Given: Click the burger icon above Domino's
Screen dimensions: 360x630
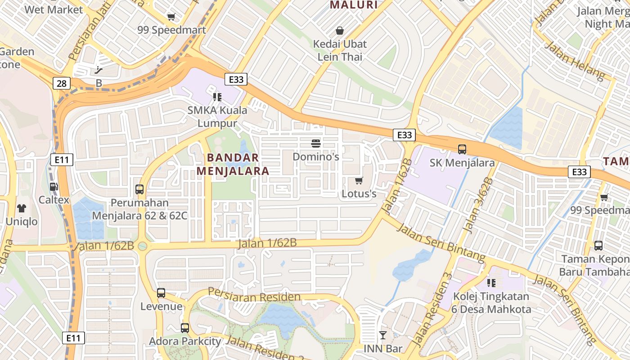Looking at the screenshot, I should pyautogui.click(x=316, y=144).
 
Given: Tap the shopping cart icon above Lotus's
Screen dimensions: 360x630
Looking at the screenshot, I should pyautogui.click(x=359, y=181).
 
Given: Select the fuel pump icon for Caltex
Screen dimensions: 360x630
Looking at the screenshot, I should pyautogui.click(x=54, y=186).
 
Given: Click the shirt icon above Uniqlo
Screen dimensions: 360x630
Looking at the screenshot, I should pyautogui.click(x=22, y=208).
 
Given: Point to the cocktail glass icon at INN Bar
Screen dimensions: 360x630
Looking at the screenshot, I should pyautogui.click(x=382, y=335).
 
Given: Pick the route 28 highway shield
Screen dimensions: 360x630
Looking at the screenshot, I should pyautogui.click(x=62, y=83).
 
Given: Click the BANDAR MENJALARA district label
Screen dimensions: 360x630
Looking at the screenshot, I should pyautogui.click(x=233, y=164).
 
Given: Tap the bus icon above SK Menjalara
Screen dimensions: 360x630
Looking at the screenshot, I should pyautogui.click(x=462, y=149).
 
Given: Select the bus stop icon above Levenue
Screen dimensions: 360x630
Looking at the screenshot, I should pyautogui.click(x=161, y=293).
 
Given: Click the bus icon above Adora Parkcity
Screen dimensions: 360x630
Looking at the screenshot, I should pyautogui.click(x=185, y=328).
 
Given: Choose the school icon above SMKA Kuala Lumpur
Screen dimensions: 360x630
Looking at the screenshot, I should pyautogui.click(x=217, y=97).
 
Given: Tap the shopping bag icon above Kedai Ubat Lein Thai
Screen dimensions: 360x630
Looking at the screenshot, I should pyautogui.click(x=340, y=31).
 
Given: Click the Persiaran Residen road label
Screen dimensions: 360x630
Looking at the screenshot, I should pyautogui.click(x=254, y=296).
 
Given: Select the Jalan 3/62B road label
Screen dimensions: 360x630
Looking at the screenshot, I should pyautogui.click(x=478, y=205).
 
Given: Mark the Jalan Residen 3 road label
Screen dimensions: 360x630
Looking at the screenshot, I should pyautogui.click(x=431, y=310).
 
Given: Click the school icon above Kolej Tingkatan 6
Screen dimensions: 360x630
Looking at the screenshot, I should pyautogui.click(x=491, y=283).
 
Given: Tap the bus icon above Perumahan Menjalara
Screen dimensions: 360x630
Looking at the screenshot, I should pyautogui.click(x=139, y=189).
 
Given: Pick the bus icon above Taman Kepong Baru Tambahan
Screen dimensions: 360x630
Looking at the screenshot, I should pyautogui.click(x=598, y=246).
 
